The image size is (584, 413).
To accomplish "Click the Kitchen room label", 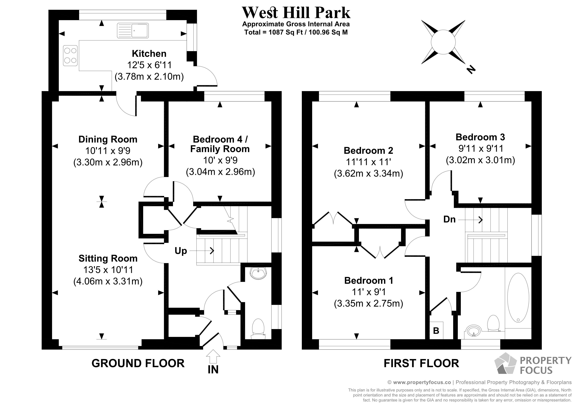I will click(x=149, y=54).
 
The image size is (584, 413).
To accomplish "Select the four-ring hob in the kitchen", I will click(x=70, y=55).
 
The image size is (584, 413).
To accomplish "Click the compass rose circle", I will click(x=443, y=42).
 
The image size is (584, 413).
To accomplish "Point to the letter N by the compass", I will click(x=471, y=69).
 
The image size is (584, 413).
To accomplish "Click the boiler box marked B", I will click(x=436, y=331).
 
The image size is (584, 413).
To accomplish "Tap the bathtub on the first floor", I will click(x=518, y=298).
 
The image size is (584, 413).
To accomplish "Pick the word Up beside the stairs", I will click(x=181, y=251).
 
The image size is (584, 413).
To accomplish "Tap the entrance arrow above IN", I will click(x=213, y=356).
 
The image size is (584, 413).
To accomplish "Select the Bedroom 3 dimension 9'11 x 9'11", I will click(x=480, y=148).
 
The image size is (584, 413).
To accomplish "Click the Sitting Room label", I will click(x=108, y=258).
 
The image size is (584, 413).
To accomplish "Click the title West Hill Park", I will click(x=296, y=13).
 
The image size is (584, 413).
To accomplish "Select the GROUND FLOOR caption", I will click(x=138, y=363).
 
